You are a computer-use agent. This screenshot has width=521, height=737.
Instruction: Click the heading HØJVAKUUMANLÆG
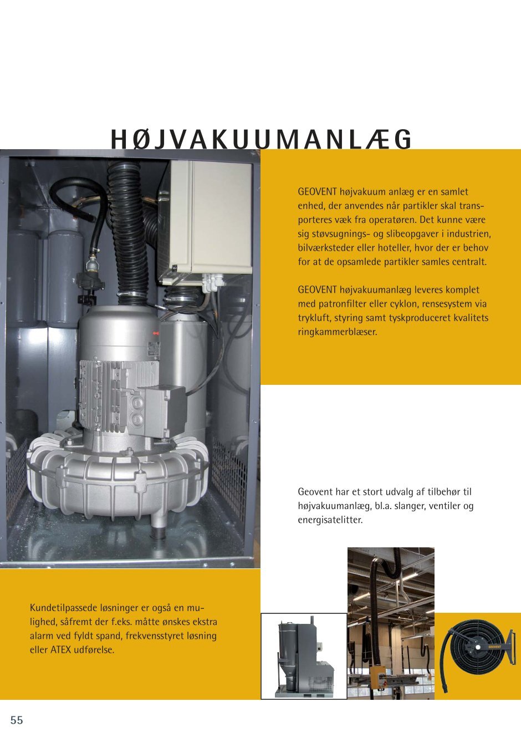(x=261, y=140)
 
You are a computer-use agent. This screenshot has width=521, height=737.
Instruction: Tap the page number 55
(x=17, y=720)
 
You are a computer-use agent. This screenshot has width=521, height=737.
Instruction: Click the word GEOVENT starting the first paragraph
(x=317, y=192)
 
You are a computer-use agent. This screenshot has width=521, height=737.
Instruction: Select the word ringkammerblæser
(x=337, y=332)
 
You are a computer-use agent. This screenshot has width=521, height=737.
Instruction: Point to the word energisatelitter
(x=330, y=520)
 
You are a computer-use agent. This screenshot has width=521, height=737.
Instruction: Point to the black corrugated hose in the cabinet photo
(x=131, y=233)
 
